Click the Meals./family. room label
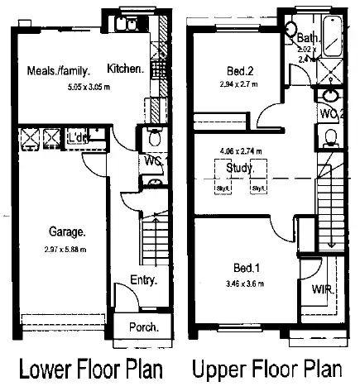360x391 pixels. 57,70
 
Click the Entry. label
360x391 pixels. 143,281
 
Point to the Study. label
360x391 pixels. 240,169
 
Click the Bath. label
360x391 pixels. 309,38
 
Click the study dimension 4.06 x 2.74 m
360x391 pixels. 241,152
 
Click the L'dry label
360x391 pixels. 78,136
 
